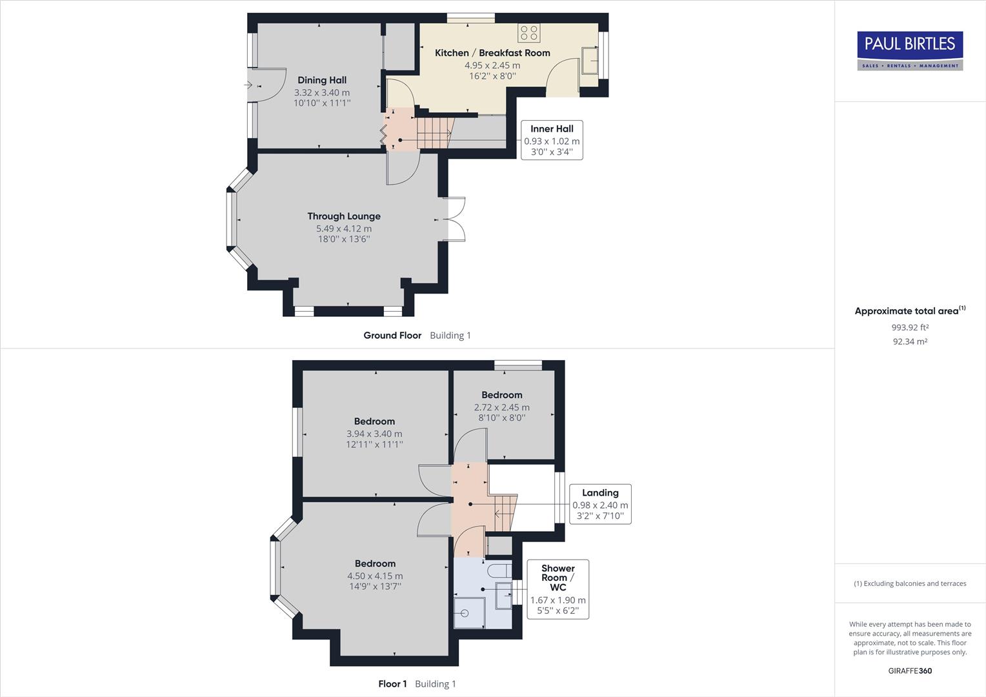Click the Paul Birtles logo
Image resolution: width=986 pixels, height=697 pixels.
(910, 50)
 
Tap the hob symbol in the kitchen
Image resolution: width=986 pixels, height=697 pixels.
(529, 32)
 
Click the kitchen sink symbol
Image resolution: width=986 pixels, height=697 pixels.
(590, 62)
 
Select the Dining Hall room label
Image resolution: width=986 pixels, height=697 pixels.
(321, 80)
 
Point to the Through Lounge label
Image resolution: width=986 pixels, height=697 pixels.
(343, 216)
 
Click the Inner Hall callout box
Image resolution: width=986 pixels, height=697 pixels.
(552, 140)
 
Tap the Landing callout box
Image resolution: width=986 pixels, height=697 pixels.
(600, 504)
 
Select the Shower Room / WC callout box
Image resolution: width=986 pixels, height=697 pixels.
(558, 589)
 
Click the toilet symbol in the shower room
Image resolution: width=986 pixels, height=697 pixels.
(499, 571)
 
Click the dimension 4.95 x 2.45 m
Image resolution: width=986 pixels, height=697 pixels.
(492, 65)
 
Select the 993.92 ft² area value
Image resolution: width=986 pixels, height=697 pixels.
(910, 327)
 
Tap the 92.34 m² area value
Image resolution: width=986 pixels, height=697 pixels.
(910, 342)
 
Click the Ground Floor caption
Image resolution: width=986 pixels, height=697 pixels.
(392, 336)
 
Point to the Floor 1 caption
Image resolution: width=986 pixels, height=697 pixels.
(392, 684)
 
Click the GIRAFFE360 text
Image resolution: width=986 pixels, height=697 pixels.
(910, 671)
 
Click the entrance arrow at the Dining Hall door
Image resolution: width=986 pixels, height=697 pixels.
(249, 85)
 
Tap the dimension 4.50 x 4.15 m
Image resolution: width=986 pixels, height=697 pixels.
(375, 576)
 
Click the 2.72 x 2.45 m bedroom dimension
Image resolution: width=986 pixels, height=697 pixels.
(501, 407)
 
